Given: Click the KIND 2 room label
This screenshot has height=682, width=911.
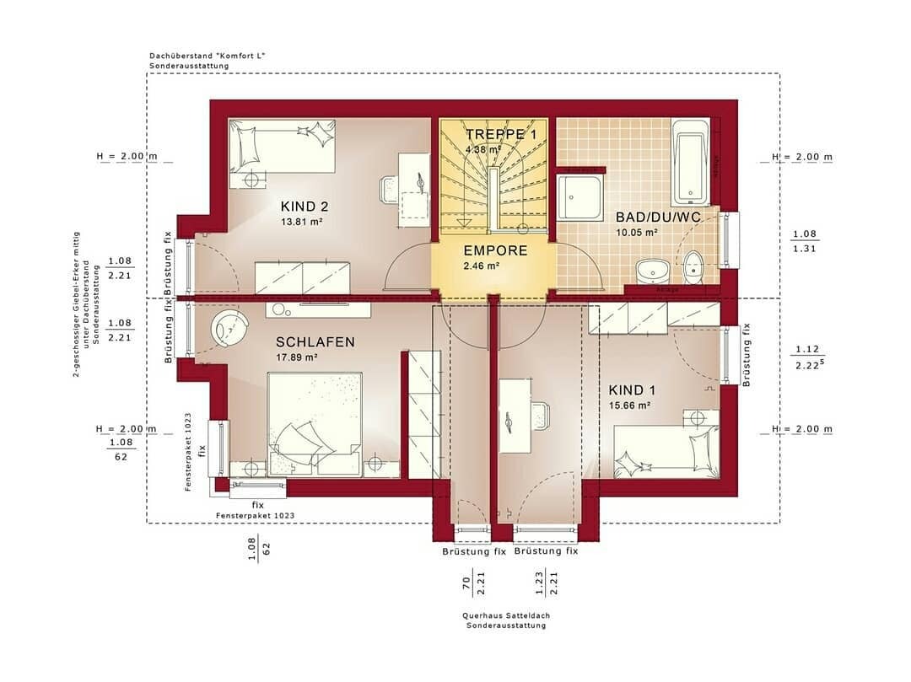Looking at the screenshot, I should pos(305,207).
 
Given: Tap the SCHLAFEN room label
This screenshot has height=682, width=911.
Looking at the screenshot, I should pos(315,342).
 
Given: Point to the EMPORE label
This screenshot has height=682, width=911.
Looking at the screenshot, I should pos(495,251).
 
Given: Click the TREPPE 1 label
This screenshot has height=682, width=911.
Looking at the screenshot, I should pos(501,135).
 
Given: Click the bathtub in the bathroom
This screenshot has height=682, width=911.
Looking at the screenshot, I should pos(690,160).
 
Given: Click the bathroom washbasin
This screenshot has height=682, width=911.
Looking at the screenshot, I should pos(651,270).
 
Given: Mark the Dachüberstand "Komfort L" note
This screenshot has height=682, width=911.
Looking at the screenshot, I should pos(207,56).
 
